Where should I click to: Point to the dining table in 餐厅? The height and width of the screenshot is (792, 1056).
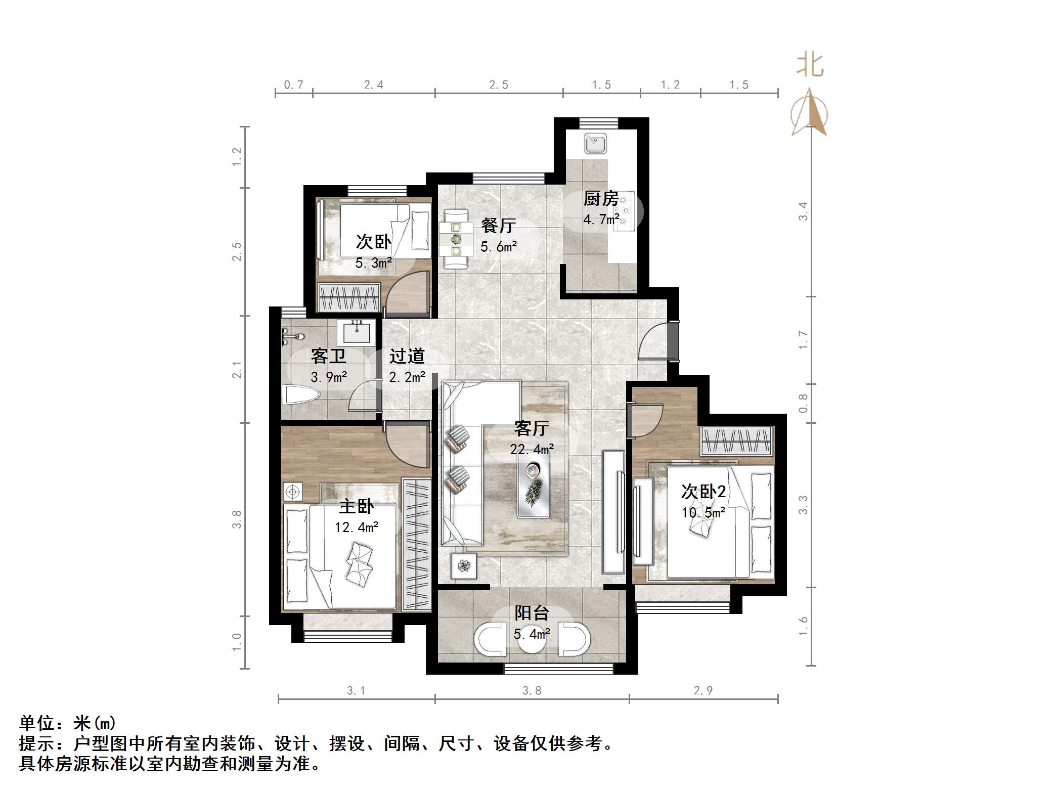click(x=456, y=239)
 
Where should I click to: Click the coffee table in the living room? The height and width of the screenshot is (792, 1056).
click(x=534, y=488)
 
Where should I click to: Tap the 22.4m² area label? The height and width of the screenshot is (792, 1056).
click(x=532, y=449)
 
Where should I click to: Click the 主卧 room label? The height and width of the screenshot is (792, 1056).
click(x=357, y=506)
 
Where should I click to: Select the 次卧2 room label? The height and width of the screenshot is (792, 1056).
click(x=703, y=491)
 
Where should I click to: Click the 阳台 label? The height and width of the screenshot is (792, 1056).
click(x=532, y=613)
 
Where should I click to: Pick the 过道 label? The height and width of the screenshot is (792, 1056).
click(x=407, y=356)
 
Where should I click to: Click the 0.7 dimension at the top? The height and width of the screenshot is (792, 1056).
click(x=294, y=84)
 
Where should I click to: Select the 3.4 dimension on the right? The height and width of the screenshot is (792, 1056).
click(x=803, y=211)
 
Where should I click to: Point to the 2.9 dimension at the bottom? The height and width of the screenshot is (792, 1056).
click(x=703, y=691)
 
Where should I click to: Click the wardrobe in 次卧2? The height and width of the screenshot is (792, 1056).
click(x=737, y=441)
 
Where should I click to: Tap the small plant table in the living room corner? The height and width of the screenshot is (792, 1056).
click(x=464, y=565)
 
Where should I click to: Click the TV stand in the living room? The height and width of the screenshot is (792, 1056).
click(x=614, y=511)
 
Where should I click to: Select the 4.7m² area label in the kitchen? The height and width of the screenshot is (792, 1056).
click(x=601, y=219)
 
